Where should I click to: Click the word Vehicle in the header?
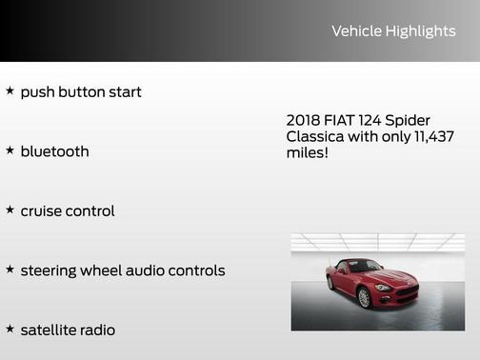[356, 31]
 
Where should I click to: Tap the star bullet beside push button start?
[10, 91]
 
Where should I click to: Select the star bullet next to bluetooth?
[10, 150]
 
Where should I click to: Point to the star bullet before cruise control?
[10, 210]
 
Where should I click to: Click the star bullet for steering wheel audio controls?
[10, 270]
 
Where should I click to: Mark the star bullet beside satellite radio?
[10, 329]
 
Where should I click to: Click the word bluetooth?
[54, 151]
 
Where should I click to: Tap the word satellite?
[50, 330]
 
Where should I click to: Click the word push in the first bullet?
[37, 92]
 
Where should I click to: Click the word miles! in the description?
[307, 152]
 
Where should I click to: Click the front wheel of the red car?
[363, 298]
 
